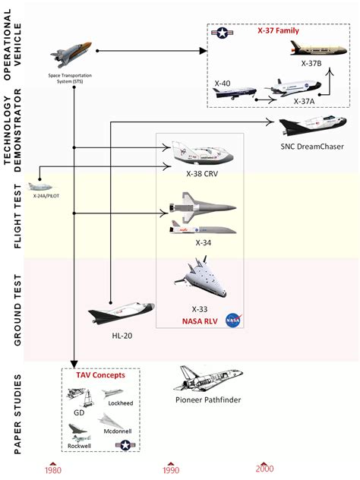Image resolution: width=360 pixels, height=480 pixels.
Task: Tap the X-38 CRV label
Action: click(201, 172)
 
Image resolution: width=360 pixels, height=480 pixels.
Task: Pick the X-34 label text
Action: click(202, 242)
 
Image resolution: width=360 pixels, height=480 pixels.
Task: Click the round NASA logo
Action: click(232, 320)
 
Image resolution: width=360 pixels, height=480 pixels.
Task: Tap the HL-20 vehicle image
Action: click(122, 312)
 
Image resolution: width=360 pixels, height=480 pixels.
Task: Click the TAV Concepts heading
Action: click(99, 376)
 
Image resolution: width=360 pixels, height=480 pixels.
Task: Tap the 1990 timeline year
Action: click(171, 469)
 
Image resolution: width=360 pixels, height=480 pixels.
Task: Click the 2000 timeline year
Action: click(264, 469)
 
